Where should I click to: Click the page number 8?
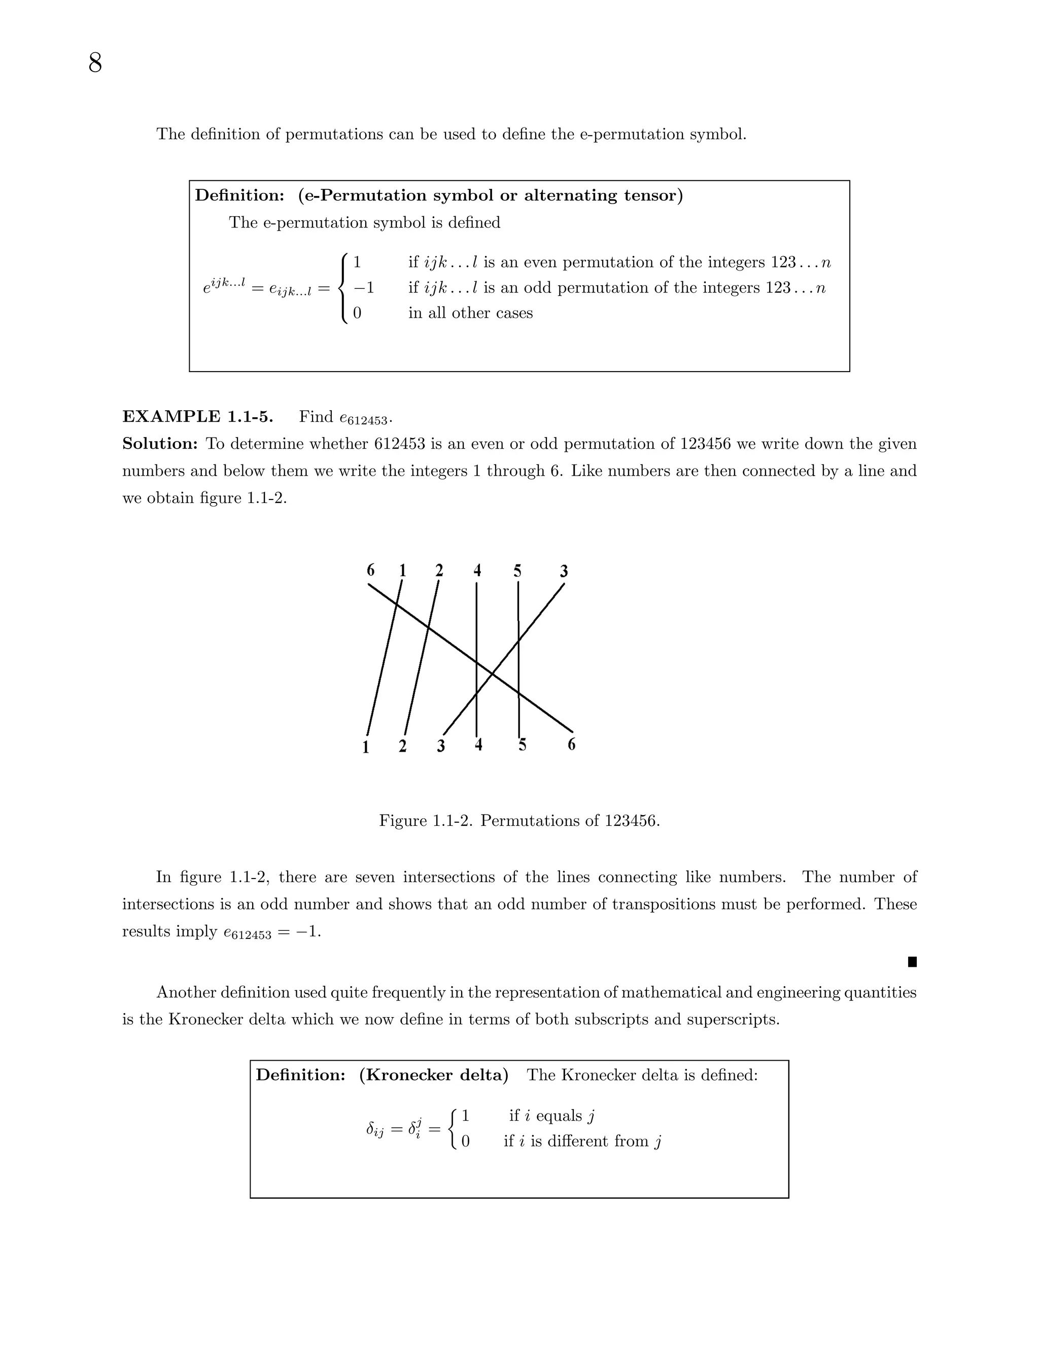coord(95,63)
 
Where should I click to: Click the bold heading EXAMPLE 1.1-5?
coord(197,417)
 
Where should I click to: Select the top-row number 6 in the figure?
coord(370,570)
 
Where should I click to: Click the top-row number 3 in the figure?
coord(564,571)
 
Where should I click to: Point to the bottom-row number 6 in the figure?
coord(571,745)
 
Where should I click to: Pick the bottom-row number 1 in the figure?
coord(366,747)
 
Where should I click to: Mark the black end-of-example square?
coord(912,962)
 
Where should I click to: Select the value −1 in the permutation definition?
coord(363,288)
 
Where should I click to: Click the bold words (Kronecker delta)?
coord(433,1075)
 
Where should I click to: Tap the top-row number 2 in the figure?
coord(439,570)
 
